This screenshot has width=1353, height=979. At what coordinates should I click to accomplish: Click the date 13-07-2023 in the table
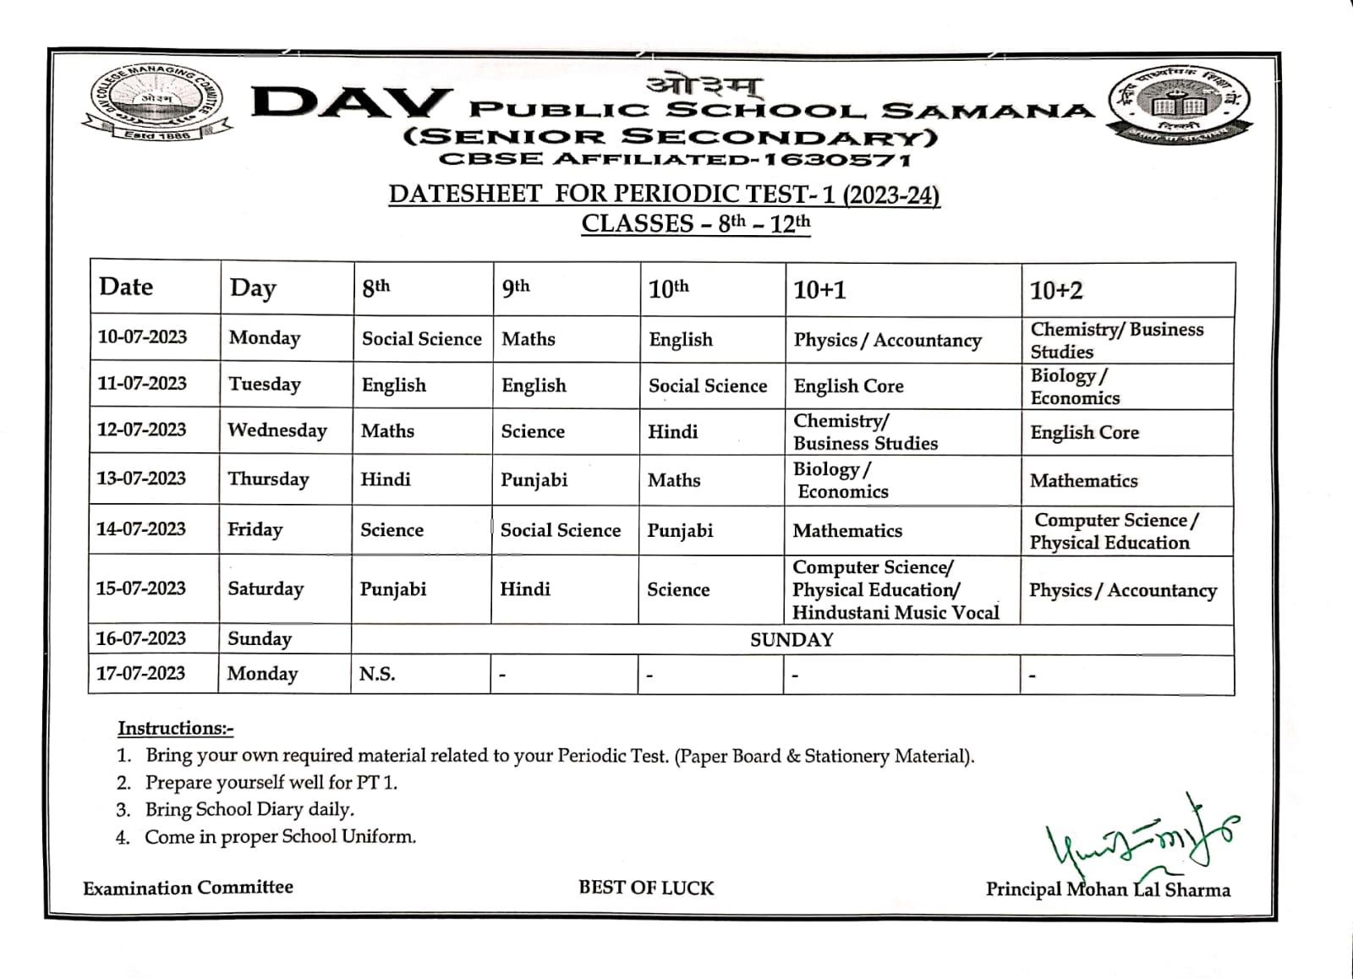coord(141,479)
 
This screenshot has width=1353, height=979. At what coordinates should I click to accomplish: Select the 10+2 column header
coord(1055,291)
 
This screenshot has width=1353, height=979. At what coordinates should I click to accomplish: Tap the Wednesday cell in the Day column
coord(277,430)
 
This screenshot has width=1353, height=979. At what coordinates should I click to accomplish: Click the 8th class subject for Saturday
coord(393,589)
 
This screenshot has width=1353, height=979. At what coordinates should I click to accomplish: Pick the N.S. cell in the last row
coord(377,674)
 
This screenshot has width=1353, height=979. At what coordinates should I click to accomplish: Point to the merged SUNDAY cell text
coord(792,640)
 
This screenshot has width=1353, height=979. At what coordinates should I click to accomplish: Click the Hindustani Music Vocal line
coord(896,613)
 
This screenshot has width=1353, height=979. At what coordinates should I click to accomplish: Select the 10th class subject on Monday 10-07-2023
coord(681,340)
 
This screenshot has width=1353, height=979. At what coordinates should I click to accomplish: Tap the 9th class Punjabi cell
coord(534,480)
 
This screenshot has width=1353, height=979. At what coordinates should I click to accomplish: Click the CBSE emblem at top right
coord(1180,103)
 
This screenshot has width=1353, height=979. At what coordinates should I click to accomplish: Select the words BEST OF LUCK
coord(646,888)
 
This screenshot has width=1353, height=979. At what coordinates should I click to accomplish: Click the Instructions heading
coord(175,728)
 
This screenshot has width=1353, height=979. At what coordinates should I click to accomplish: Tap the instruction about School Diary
coord(249,809)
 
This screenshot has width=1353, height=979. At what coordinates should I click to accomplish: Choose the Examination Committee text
coord(188,888)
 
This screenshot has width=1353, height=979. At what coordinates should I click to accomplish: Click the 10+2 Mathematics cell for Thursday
coord(1083,481)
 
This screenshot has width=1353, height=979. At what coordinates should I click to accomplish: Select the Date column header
coord(126,287)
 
